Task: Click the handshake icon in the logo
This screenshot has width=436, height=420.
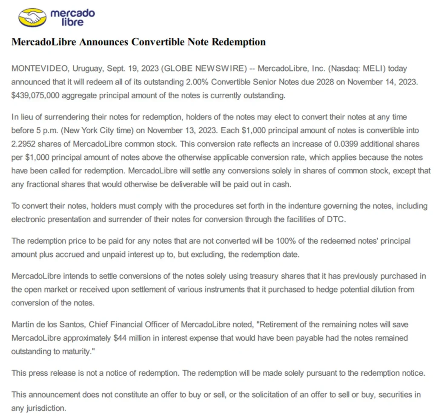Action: point(32,17)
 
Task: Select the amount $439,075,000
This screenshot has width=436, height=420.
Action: point(35,95)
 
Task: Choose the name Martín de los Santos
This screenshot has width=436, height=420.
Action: point(49,325)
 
